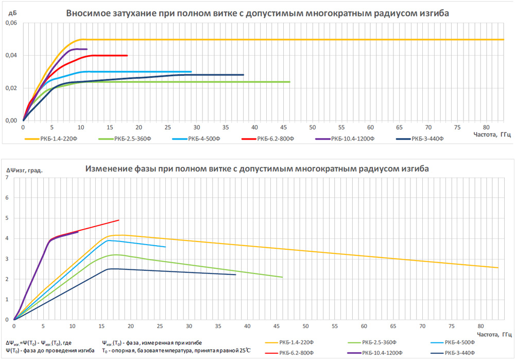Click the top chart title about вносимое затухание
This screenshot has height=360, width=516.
coord(258,13)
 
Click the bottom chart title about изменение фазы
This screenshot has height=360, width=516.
coord(257,168)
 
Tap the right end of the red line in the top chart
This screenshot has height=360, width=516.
coord(127,55)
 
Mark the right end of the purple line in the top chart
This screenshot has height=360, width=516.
coord(87,49)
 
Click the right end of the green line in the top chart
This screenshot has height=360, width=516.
coord(289,82)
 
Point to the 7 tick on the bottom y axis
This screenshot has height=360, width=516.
coord(7,178)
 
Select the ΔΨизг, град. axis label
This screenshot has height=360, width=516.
coord(24,169)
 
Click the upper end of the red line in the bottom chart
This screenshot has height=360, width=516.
coord(119,220)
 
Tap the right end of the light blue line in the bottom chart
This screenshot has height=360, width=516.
coord(165,247)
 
